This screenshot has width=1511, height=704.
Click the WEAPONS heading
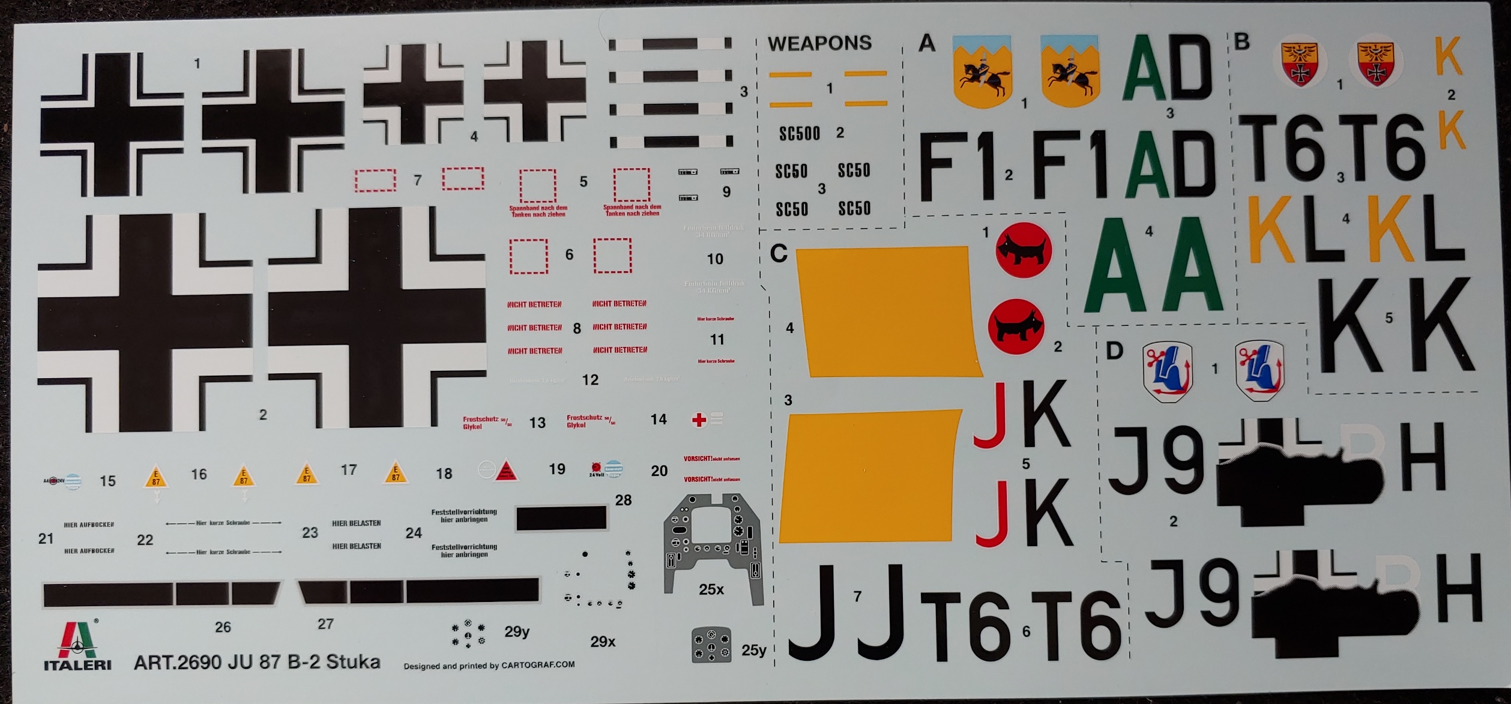819,43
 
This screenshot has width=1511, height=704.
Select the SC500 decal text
799,133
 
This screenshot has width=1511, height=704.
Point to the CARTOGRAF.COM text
538,664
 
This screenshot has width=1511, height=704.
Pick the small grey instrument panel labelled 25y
711,645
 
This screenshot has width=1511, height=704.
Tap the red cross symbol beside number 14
699,420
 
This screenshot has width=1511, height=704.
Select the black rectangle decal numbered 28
561,518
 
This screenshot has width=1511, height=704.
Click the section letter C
778,254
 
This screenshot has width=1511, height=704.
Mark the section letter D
1114,351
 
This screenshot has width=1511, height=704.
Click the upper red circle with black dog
1024,251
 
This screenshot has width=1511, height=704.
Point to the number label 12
590,380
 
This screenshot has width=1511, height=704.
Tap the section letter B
1241,42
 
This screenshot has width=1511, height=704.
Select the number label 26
223,627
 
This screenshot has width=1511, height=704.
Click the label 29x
603,642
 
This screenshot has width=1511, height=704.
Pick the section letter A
927,43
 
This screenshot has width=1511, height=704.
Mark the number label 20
659,471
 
